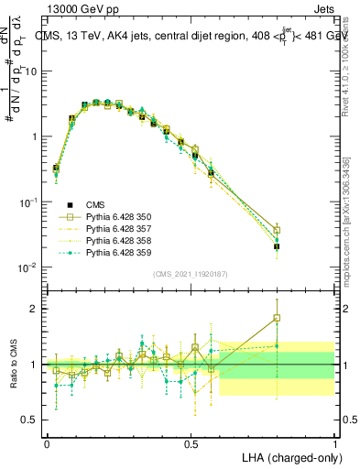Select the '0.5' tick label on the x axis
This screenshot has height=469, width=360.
click(x=191, y=442)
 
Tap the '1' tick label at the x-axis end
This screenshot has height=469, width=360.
click(x=334, y=442)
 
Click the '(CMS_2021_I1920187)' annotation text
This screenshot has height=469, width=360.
click(x=191, y=273)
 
